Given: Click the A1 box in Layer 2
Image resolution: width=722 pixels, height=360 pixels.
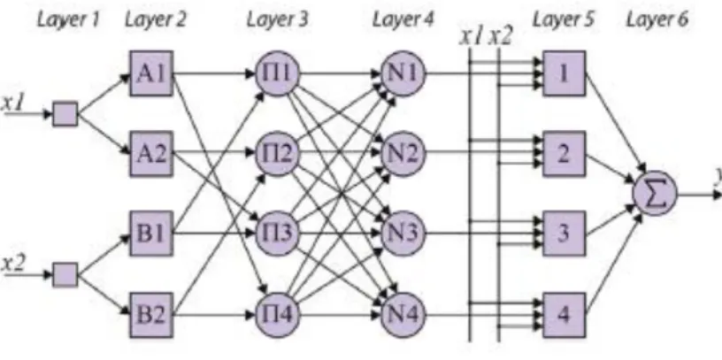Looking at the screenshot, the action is point(151,73).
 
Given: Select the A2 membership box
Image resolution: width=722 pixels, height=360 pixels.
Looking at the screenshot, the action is point(151,153).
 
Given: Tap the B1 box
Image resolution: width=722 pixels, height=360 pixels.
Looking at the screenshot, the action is point(151,234).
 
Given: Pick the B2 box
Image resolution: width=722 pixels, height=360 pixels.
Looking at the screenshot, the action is point(151,315).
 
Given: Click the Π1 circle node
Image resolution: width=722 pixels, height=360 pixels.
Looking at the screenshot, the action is point(278,73).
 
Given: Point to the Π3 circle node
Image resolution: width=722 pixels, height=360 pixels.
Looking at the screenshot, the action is point(278,234).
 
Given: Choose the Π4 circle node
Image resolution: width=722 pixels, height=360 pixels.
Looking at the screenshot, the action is point(278,315).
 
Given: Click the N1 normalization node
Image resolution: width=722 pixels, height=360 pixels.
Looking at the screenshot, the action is point(403,73).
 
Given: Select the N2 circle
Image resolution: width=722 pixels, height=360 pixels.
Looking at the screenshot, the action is point(403,153).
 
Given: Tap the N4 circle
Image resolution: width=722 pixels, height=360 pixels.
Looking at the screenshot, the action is point(403,315).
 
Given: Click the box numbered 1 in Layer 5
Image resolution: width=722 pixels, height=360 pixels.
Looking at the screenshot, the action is point(565,73).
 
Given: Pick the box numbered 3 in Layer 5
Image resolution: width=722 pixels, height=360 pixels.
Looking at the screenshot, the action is point(565,234).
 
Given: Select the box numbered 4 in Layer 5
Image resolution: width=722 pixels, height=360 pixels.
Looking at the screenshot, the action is point(565,315).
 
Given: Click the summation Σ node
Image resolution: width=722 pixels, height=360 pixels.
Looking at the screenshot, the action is point(655,194).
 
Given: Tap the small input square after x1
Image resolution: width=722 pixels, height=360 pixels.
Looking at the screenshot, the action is point(65,114).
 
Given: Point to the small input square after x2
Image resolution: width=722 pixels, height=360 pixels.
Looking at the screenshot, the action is point(65,275).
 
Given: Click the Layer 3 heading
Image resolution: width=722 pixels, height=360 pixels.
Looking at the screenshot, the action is point(277,19).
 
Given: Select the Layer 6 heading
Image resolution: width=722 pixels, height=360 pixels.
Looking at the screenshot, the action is point(657,19).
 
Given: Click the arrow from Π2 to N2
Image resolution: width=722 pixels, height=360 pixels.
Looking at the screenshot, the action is point(341,153).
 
